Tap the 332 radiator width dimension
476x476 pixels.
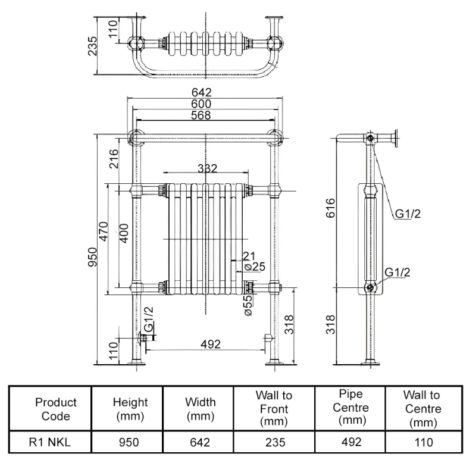point(207,169)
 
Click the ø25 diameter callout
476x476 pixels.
point(255,267)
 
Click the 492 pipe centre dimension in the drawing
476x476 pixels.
point(211,344)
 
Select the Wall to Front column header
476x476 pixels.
point(274,409)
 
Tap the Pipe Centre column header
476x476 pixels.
point(350,409)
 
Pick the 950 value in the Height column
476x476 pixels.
point(130,441)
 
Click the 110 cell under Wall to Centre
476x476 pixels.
point(422,441)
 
